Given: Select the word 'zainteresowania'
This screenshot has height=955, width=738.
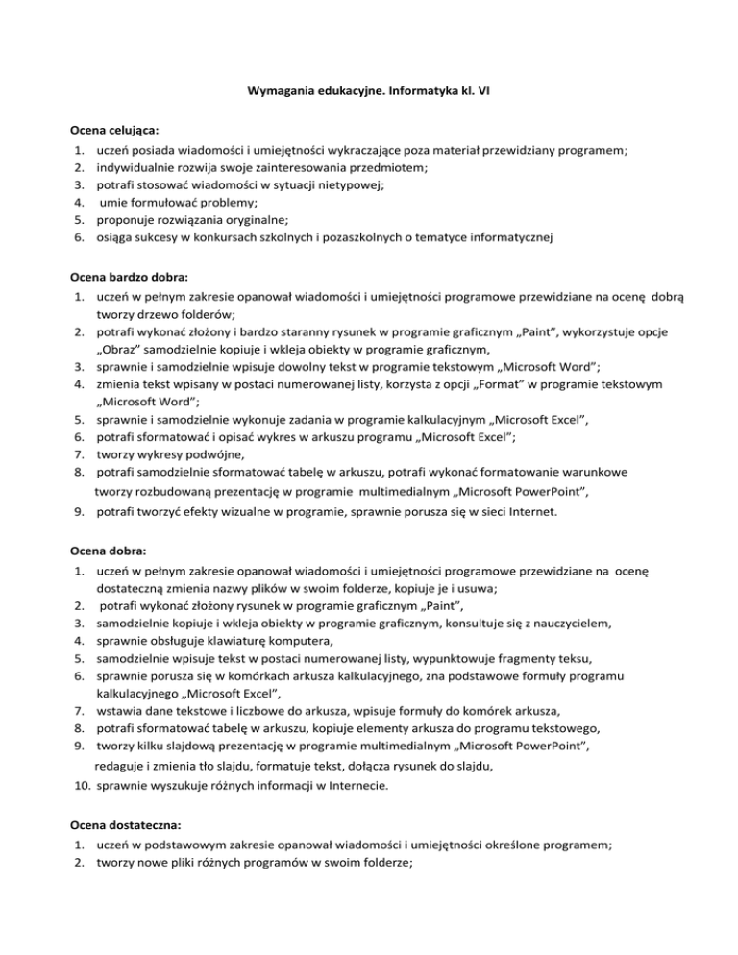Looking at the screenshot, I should tap(250, 166).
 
